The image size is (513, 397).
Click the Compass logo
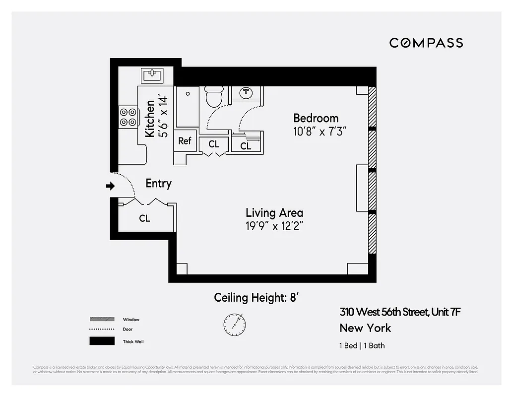(x=426, y=43)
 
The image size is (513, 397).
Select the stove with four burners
(x=128, y=117)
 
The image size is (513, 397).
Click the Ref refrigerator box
(x=185, y=141)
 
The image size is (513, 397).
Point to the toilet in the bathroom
(x=214, y=96)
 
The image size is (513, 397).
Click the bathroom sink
(x=246, y=92)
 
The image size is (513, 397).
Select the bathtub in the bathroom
(x=188, y=106)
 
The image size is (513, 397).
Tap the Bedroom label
(x=316, y=118)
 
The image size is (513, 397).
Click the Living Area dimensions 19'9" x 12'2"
(x=274, y=226)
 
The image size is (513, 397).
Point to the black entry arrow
(x=110, y=186)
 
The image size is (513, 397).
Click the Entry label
(x=158, y=184)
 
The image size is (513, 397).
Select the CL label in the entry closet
(x=144, y=218)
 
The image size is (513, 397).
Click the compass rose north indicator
(x=234, y=324)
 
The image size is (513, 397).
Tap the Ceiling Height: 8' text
(x=256, y=298)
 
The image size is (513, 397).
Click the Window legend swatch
(x=102, y=319)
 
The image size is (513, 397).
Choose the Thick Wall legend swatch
(x=102, y=341)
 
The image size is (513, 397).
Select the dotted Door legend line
(x=102, y=330)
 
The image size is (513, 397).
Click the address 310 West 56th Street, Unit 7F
(x=401, y=312)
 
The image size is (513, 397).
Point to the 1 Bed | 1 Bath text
(x=362, y=346)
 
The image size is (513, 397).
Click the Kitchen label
(x=150, y=119)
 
